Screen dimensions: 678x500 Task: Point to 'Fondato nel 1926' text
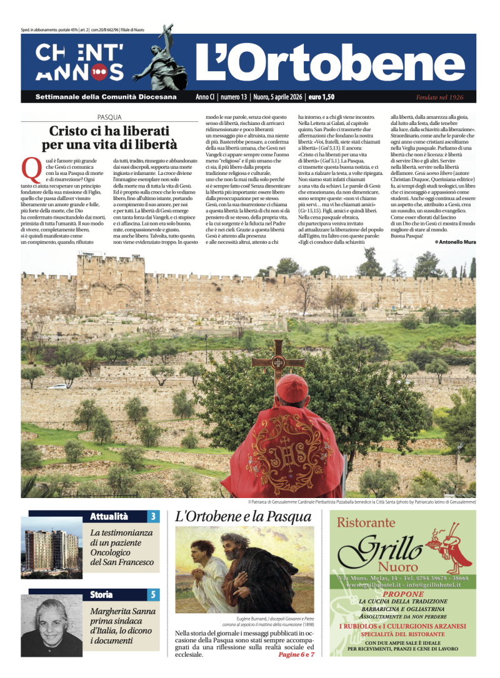click(439, 97)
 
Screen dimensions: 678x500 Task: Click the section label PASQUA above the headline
click(109, 117)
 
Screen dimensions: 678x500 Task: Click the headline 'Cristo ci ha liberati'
click(109, 131)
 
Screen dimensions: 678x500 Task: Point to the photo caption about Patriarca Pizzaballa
click(362, 502)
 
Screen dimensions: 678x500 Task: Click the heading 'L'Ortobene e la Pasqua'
click(243, 517)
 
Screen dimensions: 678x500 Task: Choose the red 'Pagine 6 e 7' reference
click(296, 654)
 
